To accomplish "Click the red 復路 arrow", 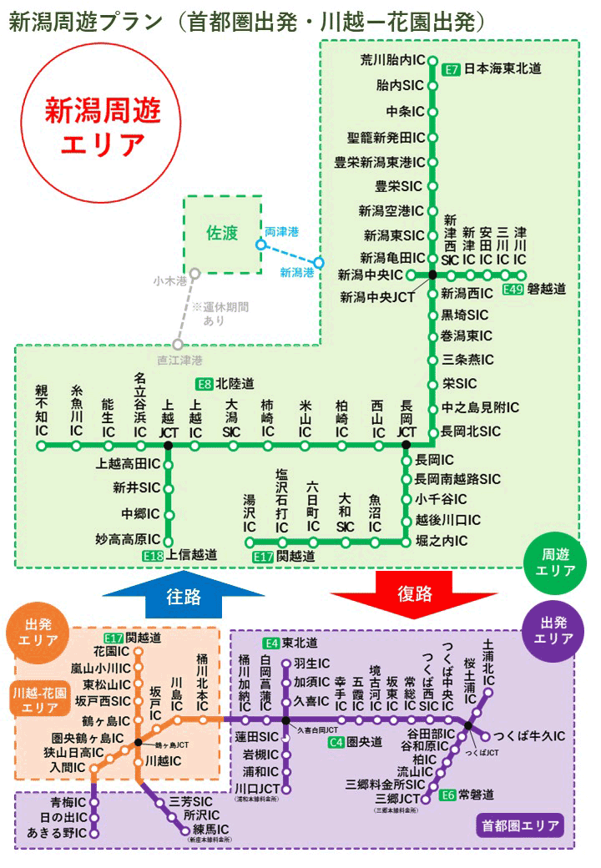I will [414, 593].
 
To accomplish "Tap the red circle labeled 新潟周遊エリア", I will [103, 126].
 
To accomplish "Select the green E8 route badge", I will [205, 385].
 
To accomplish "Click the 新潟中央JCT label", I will [377, 296].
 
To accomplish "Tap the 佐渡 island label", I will [222, 235].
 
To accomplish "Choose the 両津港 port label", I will [281, 231].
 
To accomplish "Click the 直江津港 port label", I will [178, 361].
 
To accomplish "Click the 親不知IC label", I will [42, 411].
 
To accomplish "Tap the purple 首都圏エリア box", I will [518, 827].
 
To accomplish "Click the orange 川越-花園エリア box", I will [41, 700].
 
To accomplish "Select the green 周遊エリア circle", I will [558, 563].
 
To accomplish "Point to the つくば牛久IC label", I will [530, 736].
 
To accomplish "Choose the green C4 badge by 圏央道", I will [336, 741].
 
